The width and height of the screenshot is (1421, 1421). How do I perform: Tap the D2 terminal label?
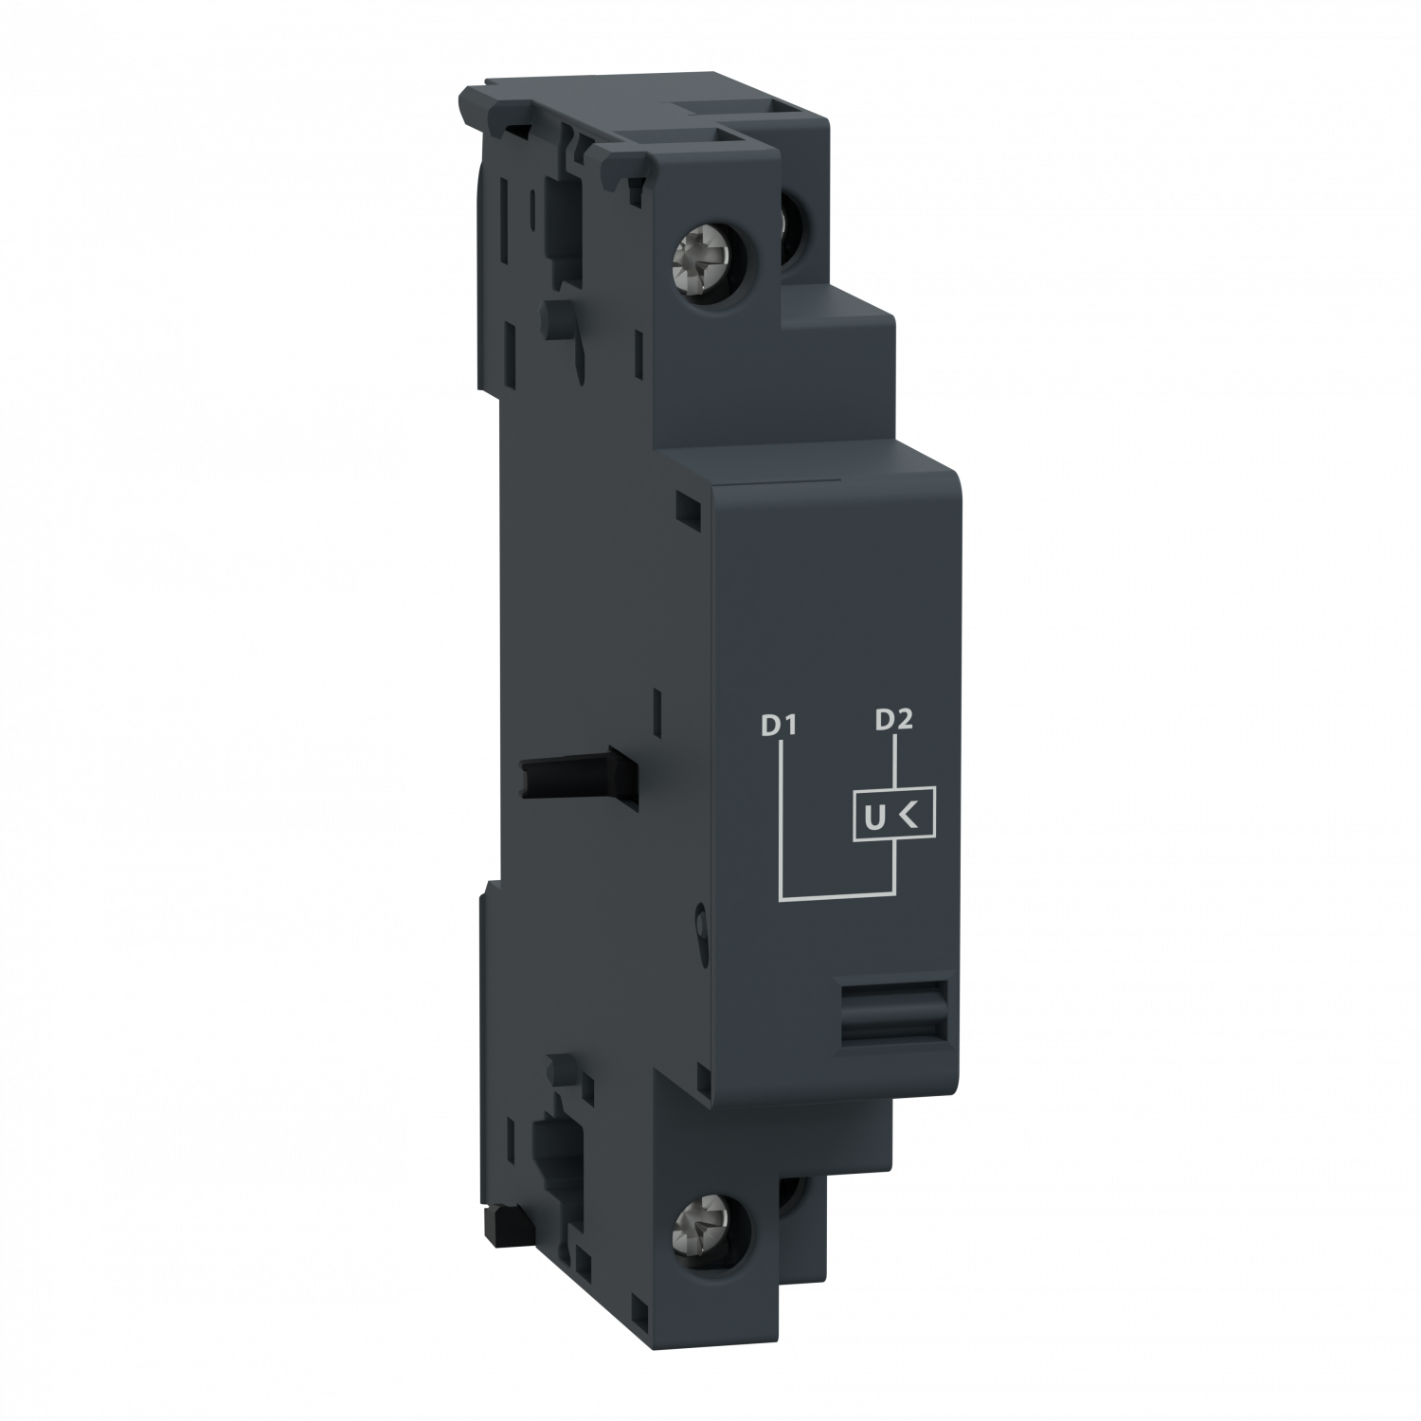tap(893, 720)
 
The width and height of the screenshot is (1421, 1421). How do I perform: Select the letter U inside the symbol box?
tap(870, 815)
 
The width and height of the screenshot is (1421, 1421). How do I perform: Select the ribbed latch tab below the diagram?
tap(892, 1013)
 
